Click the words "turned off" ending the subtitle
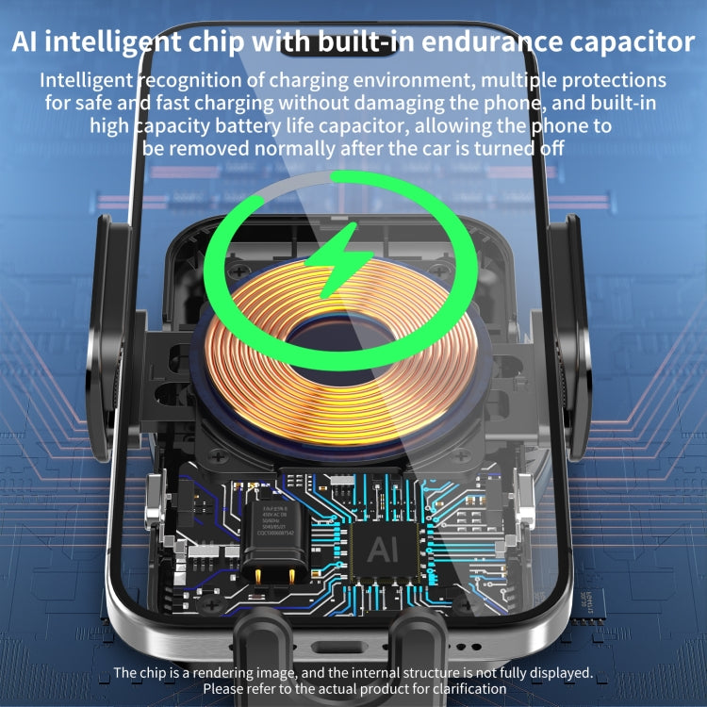pos(519,147)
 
